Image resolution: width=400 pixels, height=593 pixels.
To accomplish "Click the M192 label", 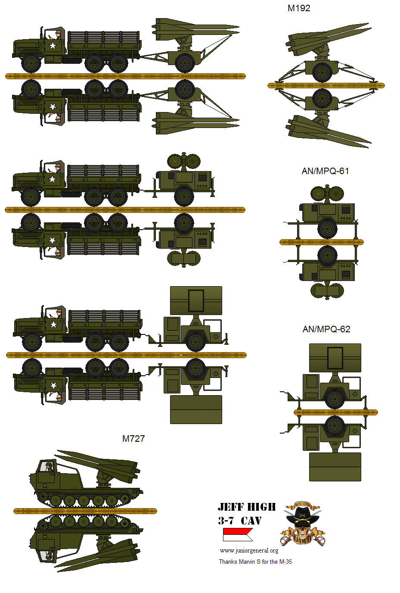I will [299, 8].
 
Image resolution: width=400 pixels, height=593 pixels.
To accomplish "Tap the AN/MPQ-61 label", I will [325, 171].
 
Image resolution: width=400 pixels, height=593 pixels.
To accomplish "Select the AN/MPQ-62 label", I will [326, 329].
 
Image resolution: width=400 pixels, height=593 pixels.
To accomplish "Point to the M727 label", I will [133, 439].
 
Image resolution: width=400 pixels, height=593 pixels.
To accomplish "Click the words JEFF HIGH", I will [247, 507].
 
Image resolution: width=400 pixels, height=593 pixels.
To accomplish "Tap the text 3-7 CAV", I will [240, 521].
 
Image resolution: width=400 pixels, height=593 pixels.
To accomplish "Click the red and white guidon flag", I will [237, 534].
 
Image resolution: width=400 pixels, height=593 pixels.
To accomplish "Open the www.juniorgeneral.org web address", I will [249, 550].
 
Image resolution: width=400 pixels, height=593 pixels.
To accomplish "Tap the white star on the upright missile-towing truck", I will [53, 46].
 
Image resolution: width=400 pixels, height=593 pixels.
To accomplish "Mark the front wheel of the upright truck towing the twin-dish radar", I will [31, 197].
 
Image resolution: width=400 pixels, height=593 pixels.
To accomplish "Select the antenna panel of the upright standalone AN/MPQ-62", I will [335, 358].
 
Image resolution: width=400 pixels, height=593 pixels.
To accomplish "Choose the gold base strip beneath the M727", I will [85, 511].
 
